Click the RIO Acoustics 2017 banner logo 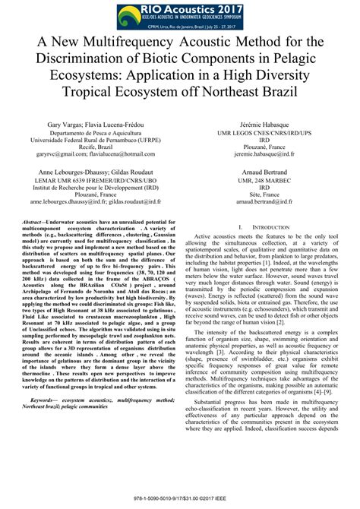[180, 14]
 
